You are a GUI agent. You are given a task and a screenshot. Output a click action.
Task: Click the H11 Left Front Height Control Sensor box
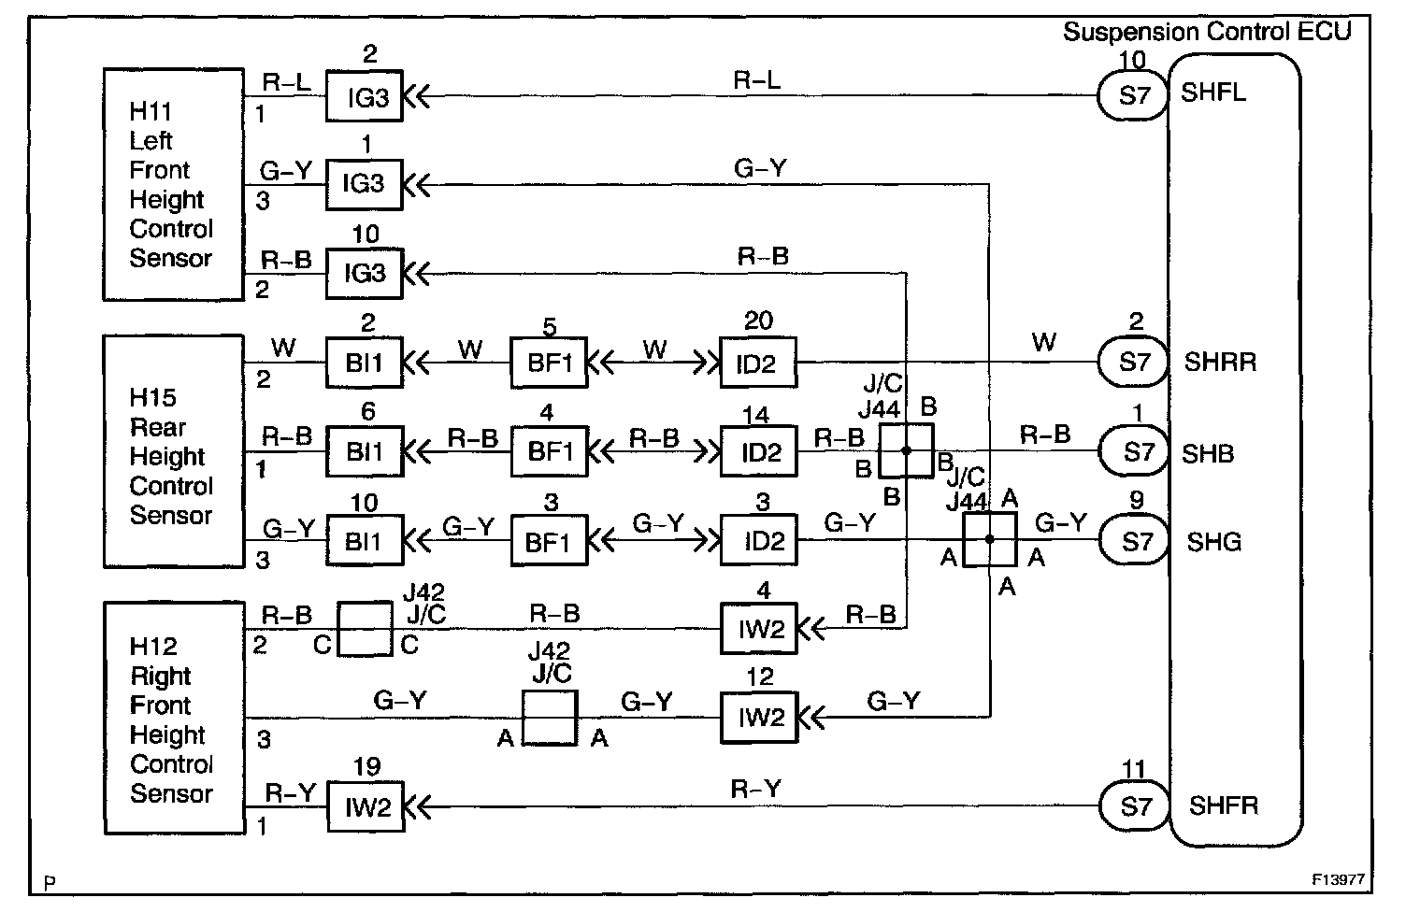tap(173, 184)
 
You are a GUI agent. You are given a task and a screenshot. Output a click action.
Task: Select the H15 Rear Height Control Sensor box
tap(173, 451)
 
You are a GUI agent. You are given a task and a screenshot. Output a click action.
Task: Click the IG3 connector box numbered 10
tap(364, 273)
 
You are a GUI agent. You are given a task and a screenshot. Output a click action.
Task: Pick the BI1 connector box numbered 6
tap(364, 452)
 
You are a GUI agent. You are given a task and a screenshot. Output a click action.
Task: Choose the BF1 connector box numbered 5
tap(549, 363)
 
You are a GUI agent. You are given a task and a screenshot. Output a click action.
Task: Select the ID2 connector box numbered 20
tap(758, 363)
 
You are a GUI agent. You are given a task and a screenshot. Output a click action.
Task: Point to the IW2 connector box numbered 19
tap(366, 806)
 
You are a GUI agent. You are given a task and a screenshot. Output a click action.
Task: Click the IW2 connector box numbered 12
tap(760, 718)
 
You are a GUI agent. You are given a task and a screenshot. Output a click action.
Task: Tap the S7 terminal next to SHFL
tap(1133, 95)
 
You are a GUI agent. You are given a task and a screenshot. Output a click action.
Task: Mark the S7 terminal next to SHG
tap(1136, 542)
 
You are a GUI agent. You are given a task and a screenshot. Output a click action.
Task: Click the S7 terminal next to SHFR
tap(1135, 806)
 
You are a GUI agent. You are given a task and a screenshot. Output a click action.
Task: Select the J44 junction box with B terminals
tap(906, 450)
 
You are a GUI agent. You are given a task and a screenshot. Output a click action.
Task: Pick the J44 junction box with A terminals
tap(989, 539)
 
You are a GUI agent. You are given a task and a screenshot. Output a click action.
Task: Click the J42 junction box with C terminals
tap(364, 629)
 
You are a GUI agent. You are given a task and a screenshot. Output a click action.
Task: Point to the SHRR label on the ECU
tap(1220, 362)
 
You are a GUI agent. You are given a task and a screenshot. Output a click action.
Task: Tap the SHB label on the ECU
tap(1208, 454)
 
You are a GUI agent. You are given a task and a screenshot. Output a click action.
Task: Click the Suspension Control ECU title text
tap(1207, 32)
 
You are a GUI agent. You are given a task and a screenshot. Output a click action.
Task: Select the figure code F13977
tap(1338, 880)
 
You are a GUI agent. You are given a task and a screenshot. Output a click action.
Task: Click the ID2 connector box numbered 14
tap(758, 452)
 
